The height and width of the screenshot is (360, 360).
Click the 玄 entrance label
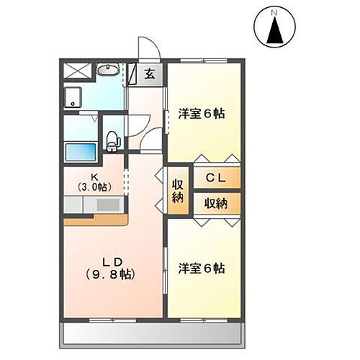(149, 73)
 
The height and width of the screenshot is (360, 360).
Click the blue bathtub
(81, 151)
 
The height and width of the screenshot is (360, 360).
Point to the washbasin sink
(109, 71)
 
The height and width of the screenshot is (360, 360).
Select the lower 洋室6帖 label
(202, 269)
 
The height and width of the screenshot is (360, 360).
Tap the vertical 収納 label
(177, 190)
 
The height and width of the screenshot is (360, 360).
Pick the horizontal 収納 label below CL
(215, 203)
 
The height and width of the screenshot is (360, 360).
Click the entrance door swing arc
(149, 46)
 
